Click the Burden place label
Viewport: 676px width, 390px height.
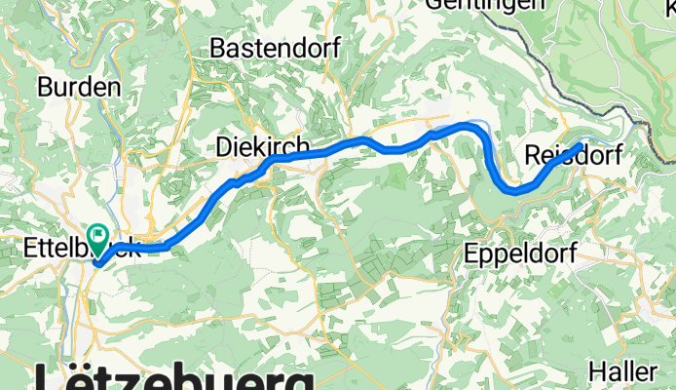(x=79, y=87)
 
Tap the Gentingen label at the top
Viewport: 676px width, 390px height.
(x=483, y=4)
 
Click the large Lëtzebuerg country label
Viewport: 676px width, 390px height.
(x=175, y=378)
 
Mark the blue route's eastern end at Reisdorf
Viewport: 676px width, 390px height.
(x=582, y=146)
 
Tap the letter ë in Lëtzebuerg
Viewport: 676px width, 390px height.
(x=76, y=378)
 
